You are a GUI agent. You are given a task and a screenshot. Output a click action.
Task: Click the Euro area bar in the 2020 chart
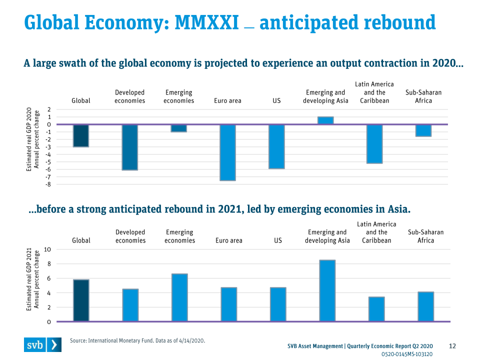tap(227, 152)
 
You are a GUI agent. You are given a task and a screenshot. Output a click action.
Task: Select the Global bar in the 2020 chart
tap(81, 135)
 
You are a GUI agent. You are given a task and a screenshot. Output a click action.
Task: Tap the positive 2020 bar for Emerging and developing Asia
tap(325, 120)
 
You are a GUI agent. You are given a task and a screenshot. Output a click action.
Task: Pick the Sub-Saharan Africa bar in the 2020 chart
tap(423, 130)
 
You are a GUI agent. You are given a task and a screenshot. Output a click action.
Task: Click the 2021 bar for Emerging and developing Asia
tap(327, 290)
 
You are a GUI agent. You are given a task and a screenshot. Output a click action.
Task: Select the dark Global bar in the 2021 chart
tap(81, 300)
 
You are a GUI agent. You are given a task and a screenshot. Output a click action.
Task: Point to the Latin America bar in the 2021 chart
tap(376, 309)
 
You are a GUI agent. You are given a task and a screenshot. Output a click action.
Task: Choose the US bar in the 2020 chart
tap(276, 146)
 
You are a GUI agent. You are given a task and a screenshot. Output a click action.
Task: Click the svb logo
tap(42, 344)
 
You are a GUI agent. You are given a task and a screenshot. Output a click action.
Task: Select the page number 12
tap(453, 346)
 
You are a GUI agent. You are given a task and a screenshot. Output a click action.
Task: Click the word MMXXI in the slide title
tap(206, 22)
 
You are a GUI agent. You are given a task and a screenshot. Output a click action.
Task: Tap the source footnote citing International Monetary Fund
tap(137, 340)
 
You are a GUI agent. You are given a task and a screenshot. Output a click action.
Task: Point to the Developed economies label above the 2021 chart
tap(130, 236)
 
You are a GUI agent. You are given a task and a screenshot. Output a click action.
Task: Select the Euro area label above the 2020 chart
tap(227, 101)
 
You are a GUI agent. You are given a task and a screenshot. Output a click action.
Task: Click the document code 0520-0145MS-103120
tap(407, 354)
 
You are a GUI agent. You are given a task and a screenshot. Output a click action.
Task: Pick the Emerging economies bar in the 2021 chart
tap(179, 297)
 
